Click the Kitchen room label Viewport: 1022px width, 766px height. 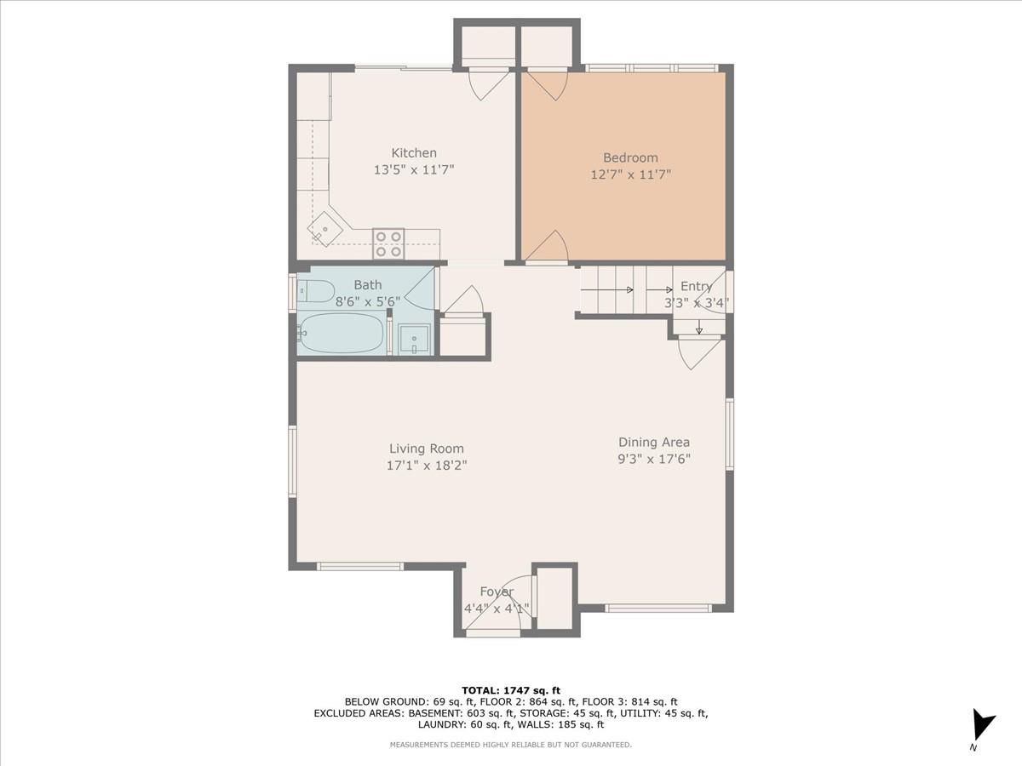[414, 153]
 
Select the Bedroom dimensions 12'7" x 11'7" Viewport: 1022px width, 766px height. [630, 174]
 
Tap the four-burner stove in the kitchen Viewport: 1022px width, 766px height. [388, 244]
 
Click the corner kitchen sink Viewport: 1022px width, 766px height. [325, 229]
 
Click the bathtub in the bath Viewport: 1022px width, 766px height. [342, 333]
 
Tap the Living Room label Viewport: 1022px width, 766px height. [427, 449]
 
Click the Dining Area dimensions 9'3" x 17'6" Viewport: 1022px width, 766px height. [653, 459]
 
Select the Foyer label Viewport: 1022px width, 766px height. [497, 592]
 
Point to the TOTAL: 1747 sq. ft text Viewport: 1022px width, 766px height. [511, 690]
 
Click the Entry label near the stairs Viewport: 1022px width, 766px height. [696, 287]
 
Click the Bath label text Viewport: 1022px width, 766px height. [368, 285]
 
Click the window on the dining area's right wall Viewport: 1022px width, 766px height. [730, 434]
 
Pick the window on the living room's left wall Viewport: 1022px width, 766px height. [292, 461]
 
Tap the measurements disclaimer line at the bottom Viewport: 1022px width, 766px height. [511, 745]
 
